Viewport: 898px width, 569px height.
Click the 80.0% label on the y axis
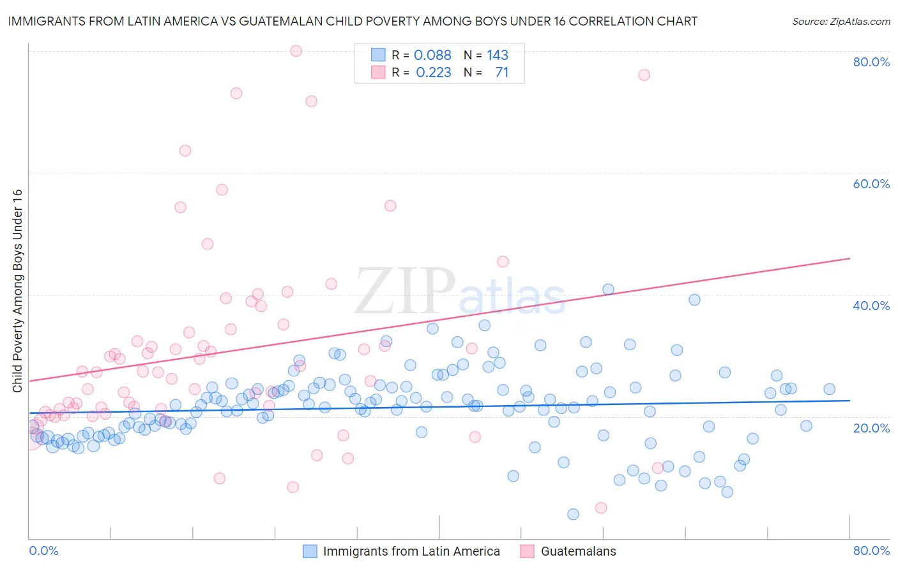coord(871,62)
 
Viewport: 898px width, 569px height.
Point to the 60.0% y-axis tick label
coord(871,184)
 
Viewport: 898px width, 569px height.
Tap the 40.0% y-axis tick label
coord(871,306)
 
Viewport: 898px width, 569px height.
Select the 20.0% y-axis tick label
coord(871,427)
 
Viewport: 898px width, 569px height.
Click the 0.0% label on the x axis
coord(43,551)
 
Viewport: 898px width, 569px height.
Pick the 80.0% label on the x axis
coord(871,551)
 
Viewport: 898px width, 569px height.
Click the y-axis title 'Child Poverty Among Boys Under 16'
coord(17,291)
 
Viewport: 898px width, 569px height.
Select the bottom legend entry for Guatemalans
coord(578,551)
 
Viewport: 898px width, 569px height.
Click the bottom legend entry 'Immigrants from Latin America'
coord(411,551)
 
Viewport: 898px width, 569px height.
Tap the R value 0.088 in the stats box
coord(432,55)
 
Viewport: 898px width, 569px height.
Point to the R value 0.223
coord(433,73)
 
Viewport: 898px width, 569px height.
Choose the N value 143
coord(498,55)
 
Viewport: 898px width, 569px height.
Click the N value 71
coord(502,73)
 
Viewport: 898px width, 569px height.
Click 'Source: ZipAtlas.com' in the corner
coord(841,21)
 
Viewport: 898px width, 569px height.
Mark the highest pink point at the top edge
coord(296,51)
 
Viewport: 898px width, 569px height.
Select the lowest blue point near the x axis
coord(573,514)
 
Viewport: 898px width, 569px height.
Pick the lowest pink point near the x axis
coord(601,508)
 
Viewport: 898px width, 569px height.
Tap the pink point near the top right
coord(644,75)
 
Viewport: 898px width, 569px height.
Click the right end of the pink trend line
coord(849,258)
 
